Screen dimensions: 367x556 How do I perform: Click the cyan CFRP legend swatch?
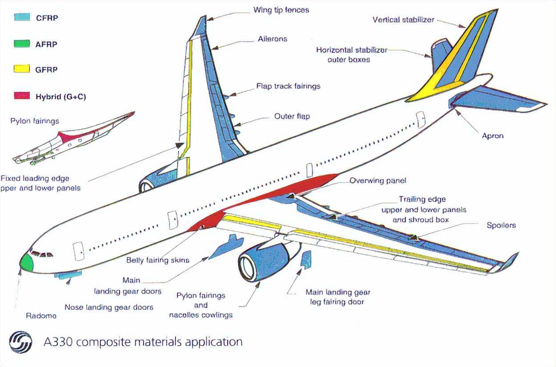pyautogui.click(x=22, y=18)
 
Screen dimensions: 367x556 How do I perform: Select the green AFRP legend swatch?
pyautogui.click(x=22, y=44)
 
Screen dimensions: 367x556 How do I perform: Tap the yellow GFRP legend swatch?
pyautogui.click(x=22, y=69)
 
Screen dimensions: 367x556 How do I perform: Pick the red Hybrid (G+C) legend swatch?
pyautogui.click(x=22, y=96)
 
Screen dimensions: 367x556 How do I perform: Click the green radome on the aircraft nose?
pyautogui.click(x=27, y=263)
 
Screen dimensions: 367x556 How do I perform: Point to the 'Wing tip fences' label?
pyautogui.click(x=281, y=9)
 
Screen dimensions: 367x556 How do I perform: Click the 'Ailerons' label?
pyautogui.click(x=273, y=39)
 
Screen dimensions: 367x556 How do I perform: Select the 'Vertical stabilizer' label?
pyautogui.click(x=403, y=20)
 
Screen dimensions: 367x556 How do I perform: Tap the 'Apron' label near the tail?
pyautogui.click(x=493, y=136)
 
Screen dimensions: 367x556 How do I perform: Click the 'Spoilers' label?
pyautogui.click(x=501, y=225)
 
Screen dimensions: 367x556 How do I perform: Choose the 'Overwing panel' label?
pyautogui.click(x=378, y=181)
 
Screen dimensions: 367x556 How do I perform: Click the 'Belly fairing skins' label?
pyautogui.click(x=158, y=260)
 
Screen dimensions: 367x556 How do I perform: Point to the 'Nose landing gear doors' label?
pyautogui.click(x=109, y=307)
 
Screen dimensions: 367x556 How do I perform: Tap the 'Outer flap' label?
pyautogui.click(x=292, y=116)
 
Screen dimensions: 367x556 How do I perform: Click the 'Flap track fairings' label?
pyautogui.click(x=288, y=86)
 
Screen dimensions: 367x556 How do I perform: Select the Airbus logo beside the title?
pyautogui.click(x=20, y=342)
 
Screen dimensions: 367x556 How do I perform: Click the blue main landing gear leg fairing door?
pyautogui.click(x=306, y=260)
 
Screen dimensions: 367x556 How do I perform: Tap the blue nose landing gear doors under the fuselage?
pyautogui.click(x=68, y=275)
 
